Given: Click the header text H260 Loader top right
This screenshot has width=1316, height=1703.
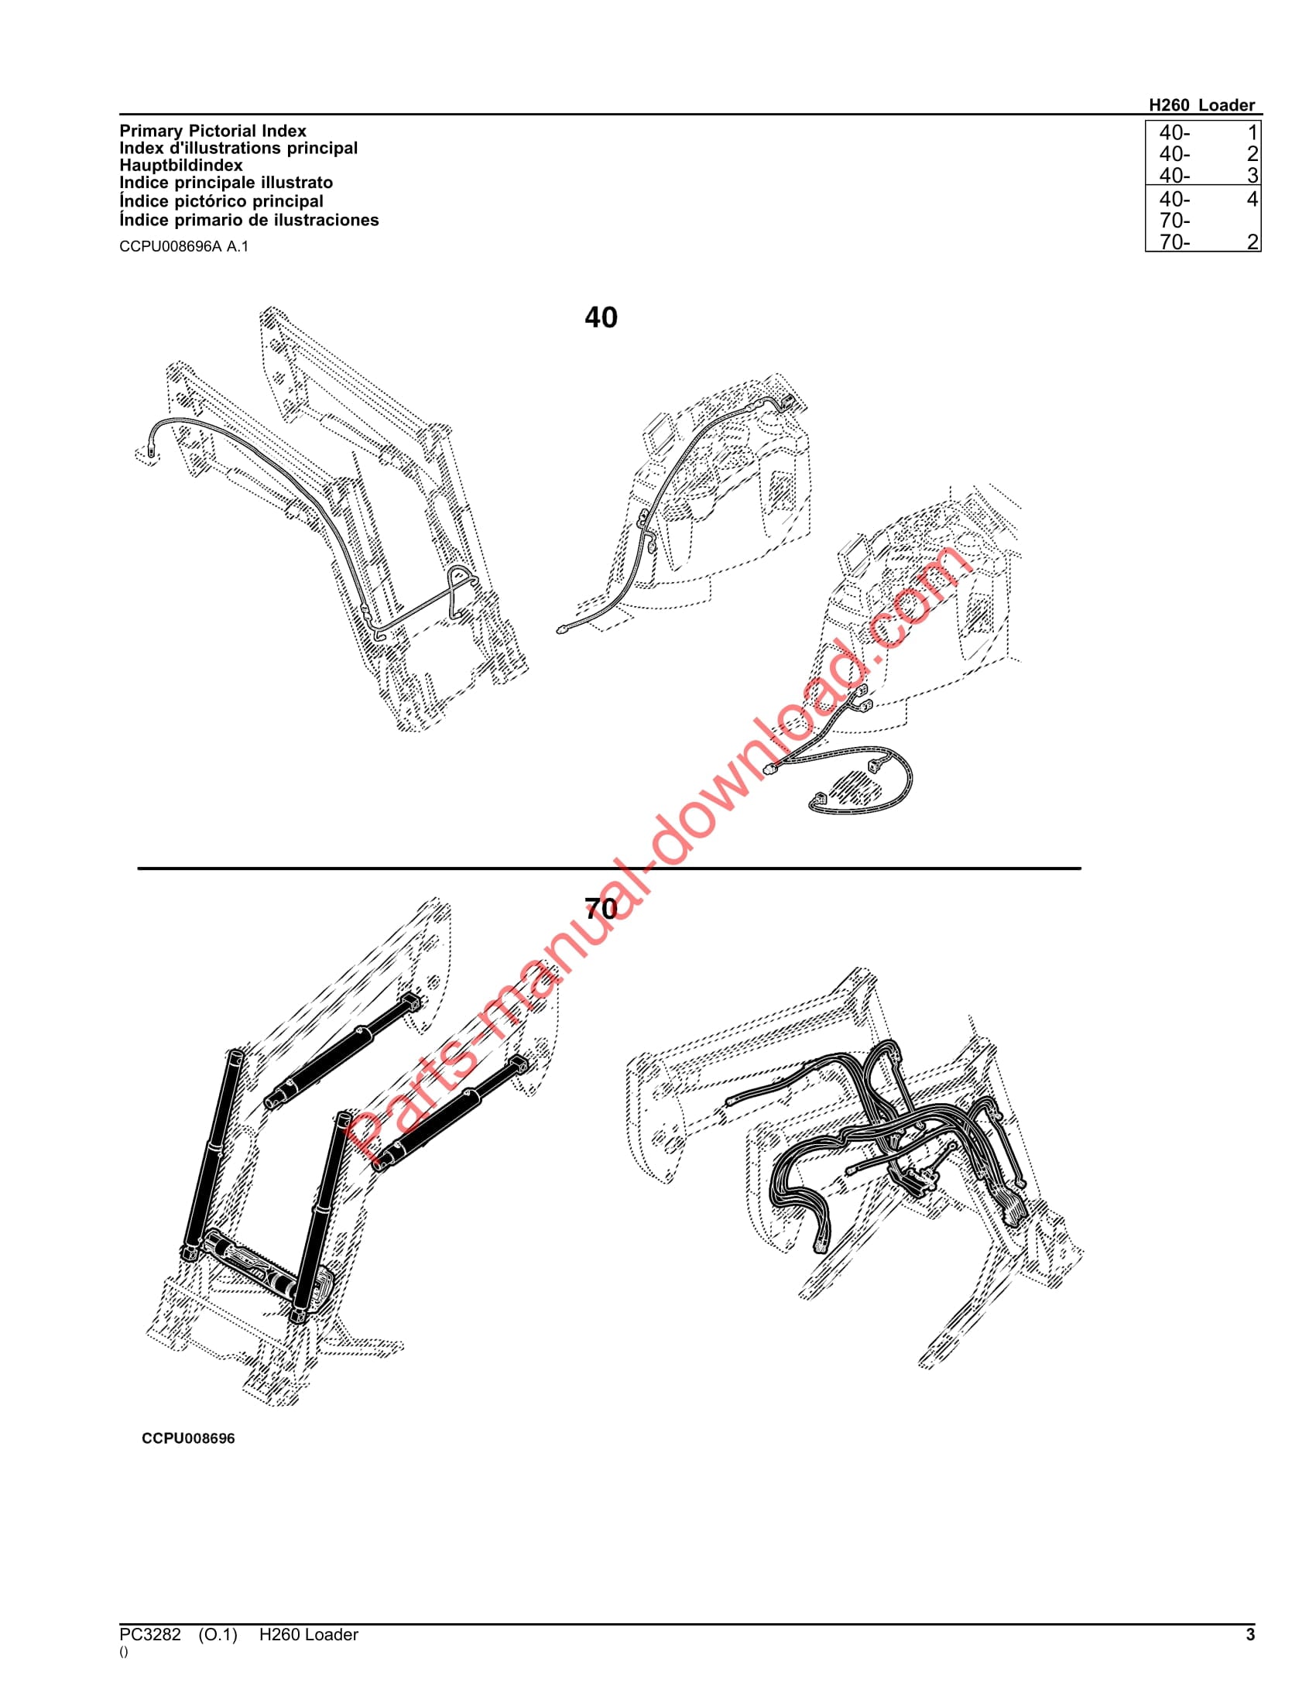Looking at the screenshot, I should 1201,105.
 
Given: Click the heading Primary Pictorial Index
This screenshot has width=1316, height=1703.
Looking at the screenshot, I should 212,131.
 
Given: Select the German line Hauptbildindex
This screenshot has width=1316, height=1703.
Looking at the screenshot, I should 180,166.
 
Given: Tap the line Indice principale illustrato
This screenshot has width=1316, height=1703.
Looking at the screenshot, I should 225,183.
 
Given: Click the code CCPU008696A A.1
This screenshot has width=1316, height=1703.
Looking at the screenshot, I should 183,246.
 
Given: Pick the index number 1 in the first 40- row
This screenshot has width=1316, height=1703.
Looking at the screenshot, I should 1252,132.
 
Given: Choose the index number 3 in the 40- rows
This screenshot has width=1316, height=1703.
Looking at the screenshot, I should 1252,176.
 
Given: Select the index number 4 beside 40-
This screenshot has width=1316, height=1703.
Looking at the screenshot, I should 1252,199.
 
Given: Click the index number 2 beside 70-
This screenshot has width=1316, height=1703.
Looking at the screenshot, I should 1252,242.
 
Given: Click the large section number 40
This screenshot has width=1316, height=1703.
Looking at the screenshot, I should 600,317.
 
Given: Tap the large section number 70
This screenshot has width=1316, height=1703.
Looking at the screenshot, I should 600,909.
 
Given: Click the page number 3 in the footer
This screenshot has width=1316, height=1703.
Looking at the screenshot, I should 1250,1635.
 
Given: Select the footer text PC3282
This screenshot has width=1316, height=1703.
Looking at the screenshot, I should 149,1635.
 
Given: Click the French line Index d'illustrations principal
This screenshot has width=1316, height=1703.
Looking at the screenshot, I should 238,148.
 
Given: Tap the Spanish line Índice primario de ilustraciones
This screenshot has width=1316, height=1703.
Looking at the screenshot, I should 248,220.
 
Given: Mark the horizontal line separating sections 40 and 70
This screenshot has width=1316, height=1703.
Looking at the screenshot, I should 608,868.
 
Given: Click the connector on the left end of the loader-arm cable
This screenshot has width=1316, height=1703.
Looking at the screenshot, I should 149,451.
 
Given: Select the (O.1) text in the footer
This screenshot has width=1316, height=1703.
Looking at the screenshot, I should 218,1635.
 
